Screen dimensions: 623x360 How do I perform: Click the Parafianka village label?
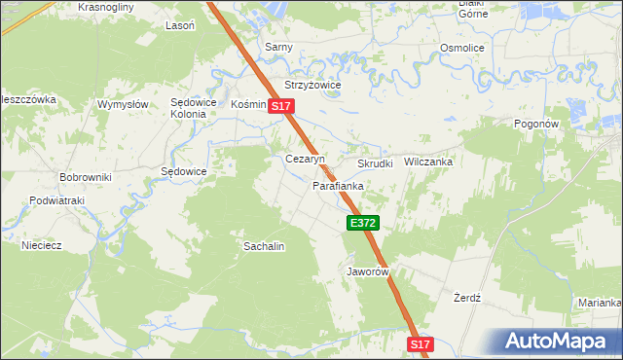pos(338,185)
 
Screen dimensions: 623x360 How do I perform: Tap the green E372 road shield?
pos(362,224)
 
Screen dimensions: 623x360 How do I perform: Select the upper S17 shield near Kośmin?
pos(281,106)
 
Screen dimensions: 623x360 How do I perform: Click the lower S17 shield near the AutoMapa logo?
pos(420,344)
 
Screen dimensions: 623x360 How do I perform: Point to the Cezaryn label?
pos(304,159)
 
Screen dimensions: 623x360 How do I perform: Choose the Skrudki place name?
pos(375,163)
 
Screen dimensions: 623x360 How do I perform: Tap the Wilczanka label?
pos(429,162)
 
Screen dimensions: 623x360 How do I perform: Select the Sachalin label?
pos(264,246)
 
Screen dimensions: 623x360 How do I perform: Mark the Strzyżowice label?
pos(312,85)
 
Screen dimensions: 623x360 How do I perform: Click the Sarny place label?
pos(279,47)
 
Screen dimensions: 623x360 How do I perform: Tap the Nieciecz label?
pos(42,245)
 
